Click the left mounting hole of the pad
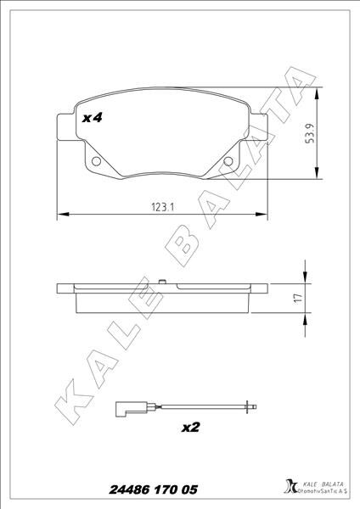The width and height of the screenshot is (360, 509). [x=96, y=162]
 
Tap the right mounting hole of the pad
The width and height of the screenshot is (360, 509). [x=227, y=163]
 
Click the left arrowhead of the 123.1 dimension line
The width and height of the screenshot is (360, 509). [x=59, y=212]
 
